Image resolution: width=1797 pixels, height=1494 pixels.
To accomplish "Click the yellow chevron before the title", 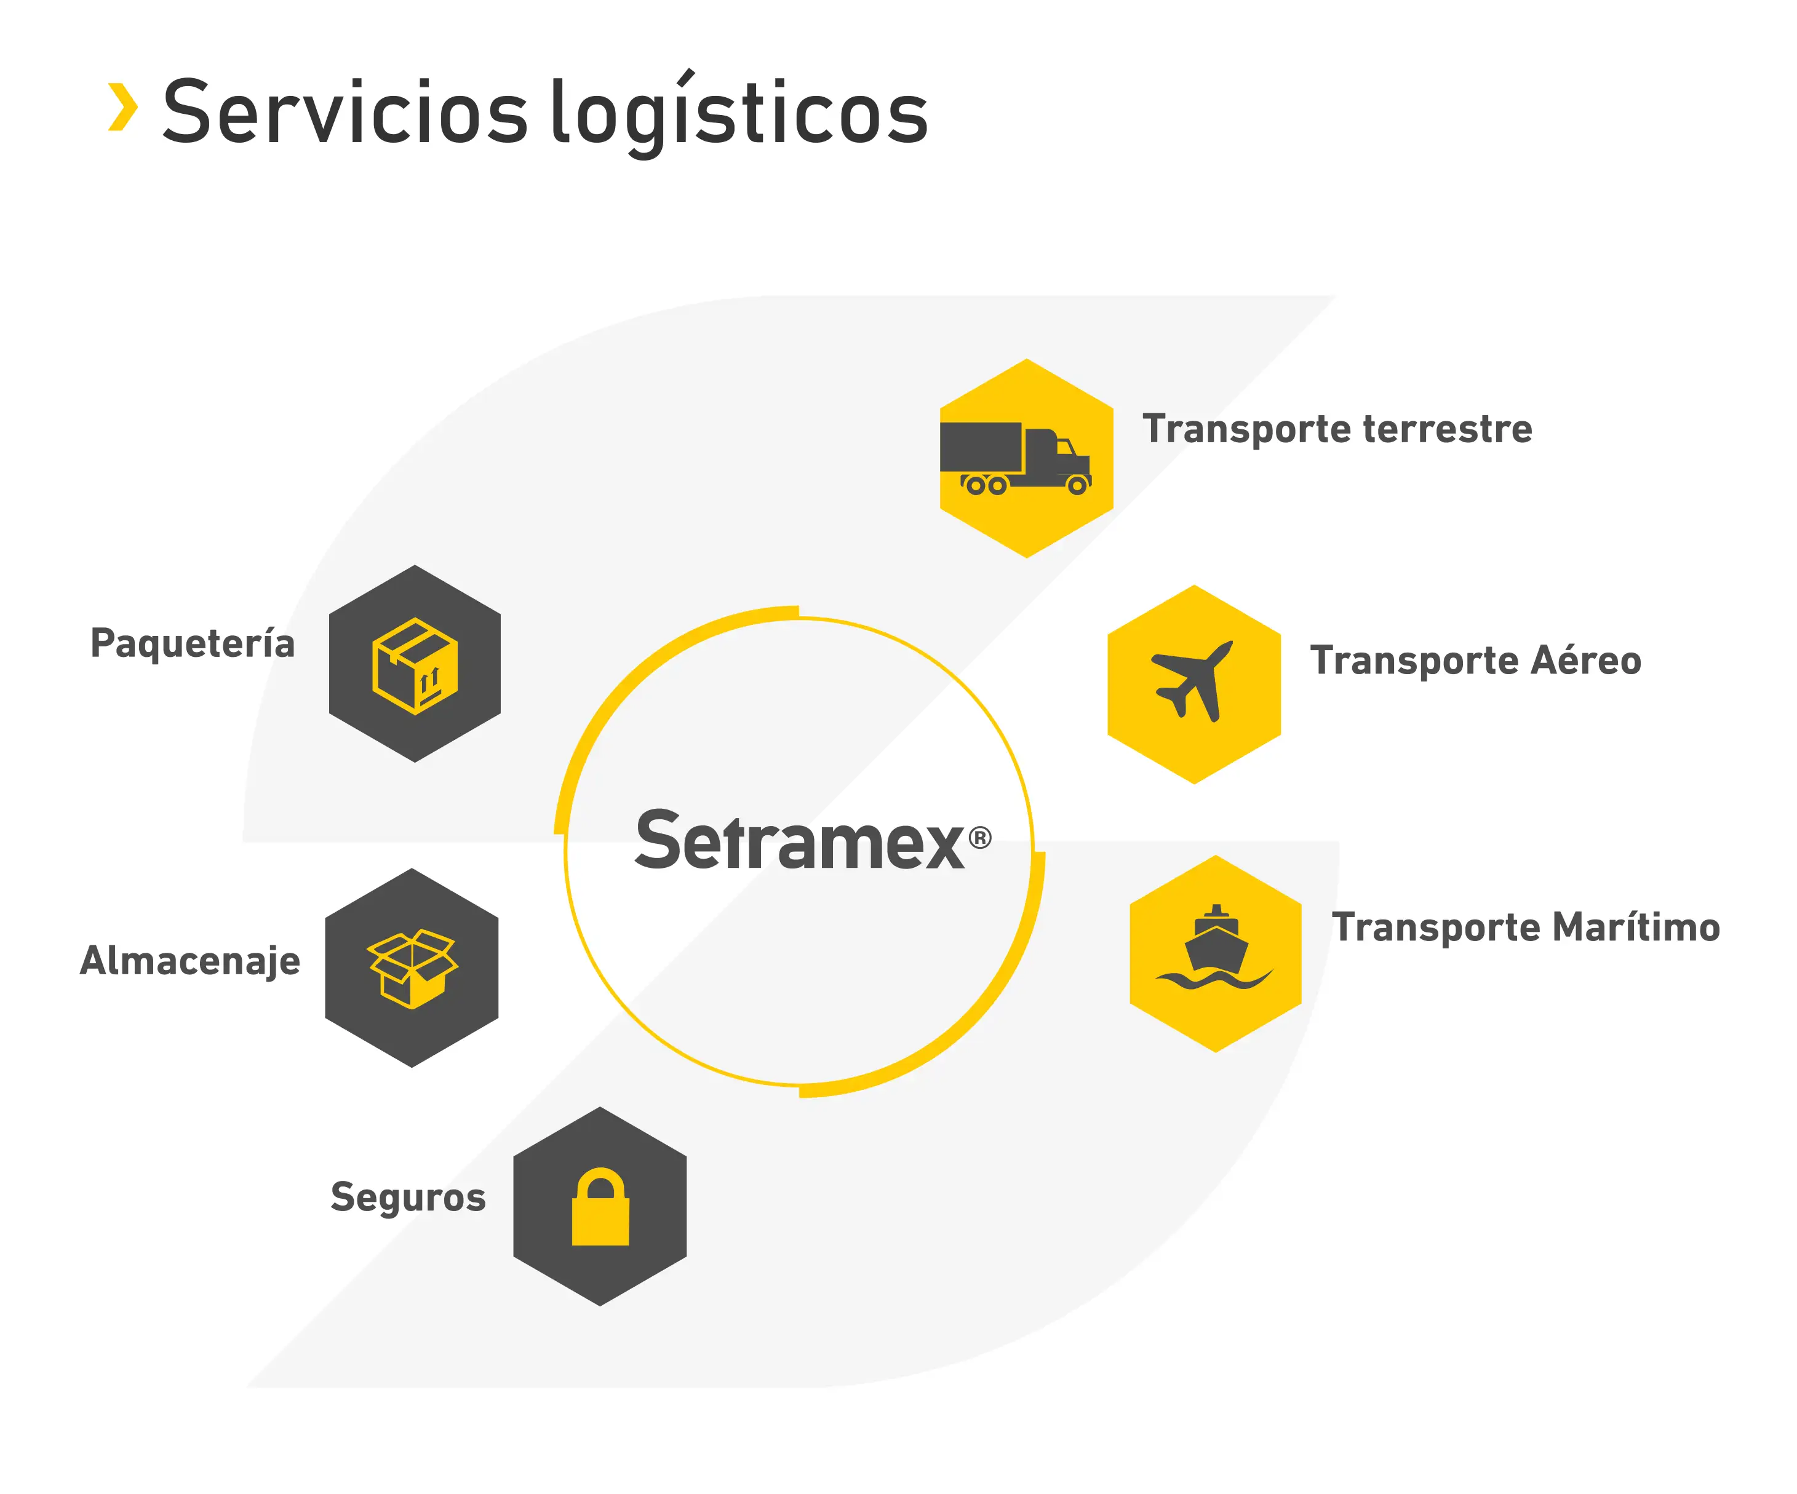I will [122, 107].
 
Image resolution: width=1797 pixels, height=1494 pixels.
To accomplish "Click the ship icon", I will [1215, 948].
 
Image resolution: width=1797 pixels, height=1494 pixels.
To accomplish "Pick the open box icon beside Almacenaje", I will [412, 968].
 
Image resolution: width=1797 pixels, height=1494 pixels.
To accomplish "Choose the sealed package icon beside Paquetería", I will [415, 665].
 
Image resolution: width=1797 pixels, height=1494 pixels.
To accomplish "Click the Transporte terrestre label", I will [1337, 429].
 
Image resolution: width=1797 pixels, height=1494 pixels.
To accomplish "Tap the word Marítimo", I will [1635, 928].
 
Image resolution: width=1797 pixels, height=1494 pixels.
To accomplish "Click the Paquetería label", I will [193, 643].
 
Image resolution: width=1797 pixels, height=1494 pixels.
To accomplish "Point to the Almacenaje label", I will [190, 961].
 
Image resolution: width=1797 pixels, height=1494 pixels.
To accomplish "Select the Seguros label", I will [408, 1197].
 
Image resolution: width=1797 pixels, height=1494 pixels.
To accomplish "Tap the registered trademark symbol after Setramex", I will [980, 837].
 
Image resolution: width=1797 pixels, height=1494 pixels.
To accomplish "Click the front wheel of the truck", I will [1077, 486].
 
